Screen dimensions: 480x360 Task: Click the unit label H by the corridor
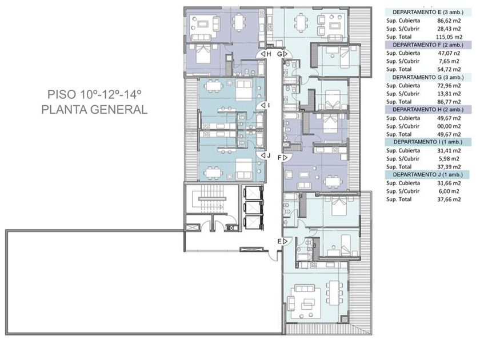[266, 54]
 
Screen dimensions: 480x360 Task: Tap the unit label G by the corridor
[282, 54]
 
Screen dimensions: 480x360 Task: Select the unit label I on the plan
[265, 105]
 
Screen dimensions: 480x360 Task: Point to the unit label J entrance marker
[266, 155]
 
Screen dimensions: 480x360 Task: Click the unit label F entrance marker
[282, 158]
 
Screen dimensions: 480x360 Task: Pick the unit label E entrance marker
[282, 241]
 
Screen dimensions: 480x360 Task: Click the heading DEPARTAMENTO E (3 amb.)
[428, 12]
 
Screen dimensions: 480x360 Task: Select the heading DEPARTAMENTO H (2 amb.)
[428, 109]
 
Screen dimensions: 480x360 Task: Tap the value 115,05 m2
[449, 37]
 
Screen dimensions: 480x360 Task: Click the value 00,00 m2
[449, 126]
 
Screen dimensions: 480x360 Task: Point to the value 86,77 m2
[449, 102]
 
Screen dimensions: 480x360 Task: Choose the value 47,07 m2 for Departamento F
[449, 53]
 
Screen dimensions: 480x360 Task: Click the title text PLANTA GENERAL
[94, 110]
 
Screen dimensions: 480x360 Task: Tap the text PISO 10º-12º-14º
[94, 94]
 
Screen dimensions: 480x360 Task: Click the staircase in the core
[211, 199]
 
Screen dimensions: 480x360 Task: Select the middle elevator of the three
[253, 207]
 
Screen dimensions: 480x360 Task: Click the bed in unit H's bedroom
[203, 53]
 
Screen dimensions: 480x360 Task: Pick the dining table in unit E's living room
[333, 293]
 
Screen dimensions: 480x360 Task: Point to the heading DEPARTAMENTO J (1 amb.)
[427, 174]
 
